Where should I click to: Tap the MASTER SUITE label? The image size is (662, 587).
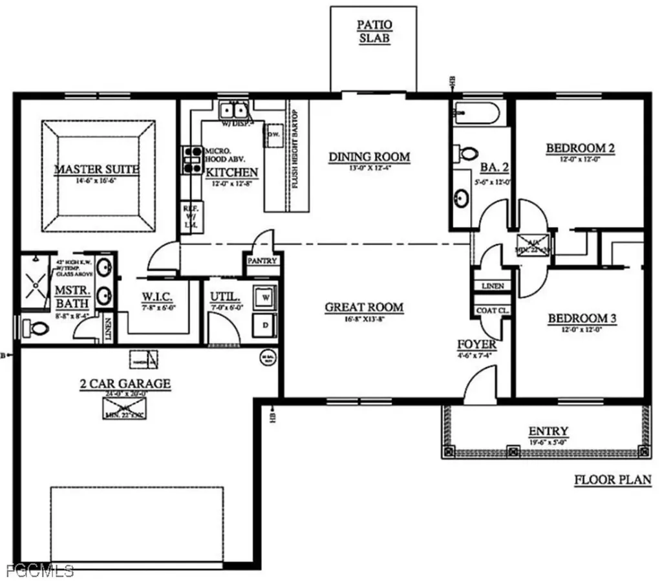[96, 169]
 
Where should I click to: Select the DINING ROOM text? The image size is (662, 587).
[369, 156]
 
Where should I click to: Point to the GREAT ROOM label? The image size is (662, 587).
[364, 307]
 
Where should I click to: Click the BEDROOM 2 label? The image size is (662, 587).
[580, 149]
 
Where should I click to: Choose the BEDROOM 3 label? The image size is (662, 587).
[581, 319]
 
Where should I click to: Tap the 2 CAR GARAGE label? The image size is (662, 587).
[125, 384]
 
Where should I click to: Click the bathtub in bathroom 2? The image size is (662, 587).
[475, 114]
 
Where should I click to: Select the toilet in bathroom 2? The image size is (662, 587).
[467, 153]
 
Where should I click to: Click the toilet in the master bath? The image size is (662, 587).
[37, 328]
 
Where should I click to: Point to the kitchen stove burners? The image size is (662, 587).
[192, 160]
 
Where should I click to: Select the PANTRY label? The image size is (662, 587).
[262, 261]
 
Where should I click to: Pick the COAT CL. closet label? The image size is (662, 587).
[493, 310]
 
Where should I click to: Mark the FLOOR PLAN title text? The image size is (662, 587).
[612, 480]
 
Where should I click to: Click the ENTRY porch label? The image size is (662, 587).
[548, 431]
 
